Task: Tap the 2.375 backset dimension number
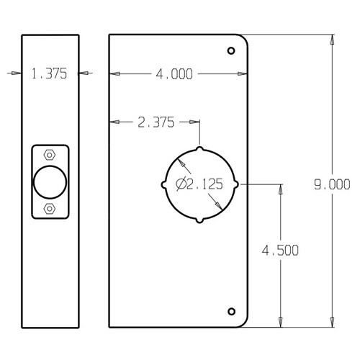155,122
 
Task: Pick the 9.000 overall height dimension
332,184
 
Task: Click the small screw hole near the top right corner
231,51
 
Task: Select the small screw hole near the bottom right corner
231,311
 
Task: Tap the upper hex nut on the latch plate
48,155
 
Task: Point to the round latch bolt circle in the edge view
48,181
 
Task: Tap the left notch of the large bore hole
166,184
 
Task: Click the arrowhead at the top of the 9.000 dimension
332,38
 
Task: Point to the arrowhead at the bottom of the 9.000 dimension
332,323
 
